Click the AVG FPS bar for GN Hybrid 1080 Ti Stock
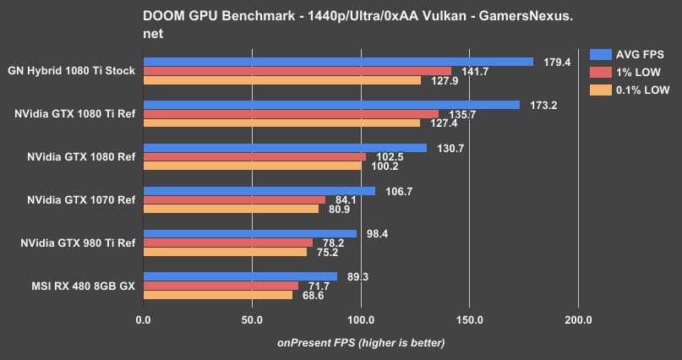338,62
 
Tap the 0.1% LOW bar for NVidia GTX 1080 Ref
252,166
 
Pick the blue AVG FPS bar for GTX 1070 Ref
259,191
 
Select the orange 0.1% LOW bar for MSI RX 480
218,295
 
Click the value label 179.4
556,62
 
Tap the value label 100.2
383,166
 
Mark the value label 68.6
314,295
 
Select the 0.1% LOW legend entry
642,90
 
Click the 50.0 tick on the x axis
252,320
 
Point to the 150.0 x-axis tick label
469,320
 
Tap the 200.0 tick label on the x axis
578,320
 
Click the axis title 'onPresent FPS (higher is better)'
361,342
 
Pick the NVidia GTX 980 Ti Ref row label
78,243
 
